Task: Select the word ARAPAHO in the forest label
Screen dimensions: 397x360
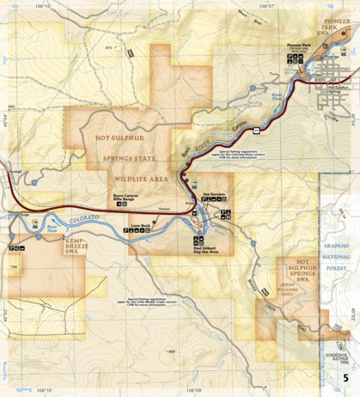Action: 340,246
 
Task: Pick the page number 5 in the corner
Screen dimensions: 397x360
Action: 345,378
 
